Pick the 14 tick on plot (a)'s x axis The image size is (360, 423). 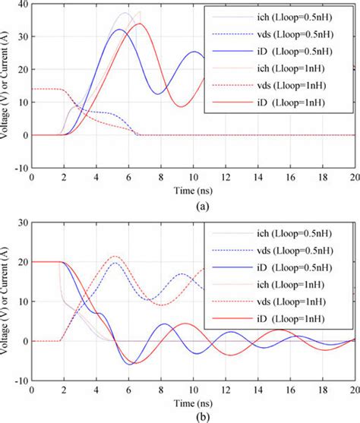pos(257,177)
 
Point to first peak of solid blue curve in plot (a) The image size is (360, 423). pos(120,30)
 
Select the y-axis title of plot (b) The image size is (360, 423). pos(7,304)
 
